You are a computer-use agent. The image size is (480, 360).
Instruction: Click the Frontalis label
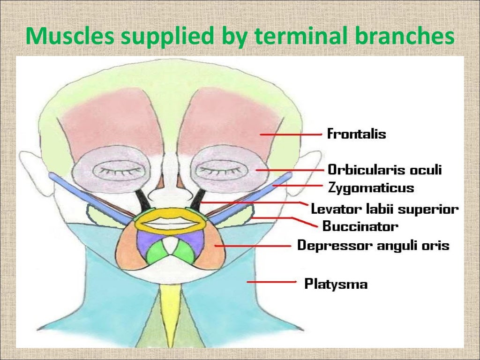pyautogui.click(x=356, y=134)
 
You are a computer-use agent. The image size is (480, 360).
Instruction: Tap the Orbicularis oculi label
pyautogui.click(x=384, y=169)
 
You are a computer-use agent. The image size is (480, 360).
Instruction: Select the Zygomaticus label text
pyautogui.click(x=371, y=188)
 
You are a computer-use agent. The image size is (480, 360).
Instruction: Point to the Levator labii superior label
pyautogui.click(x=385, y=209)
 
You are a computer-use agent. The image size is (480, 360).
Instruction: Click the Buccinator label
pyautogui.click(x=360, y=227)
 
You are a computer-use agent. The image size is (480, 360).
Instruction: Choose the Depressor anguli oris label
pyautogui.click(x=374, y=245)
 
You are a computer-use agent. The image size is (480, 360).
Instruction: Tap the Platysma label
pyautogui.click(x=336, y=284)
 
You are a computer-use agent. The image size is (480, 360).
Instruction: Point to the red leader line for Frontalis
pyautogui.click(x=291, y=134)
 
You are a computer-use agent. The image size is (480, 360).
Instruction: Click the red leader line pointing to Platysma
pyautogui.click(x=271, y=282)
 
